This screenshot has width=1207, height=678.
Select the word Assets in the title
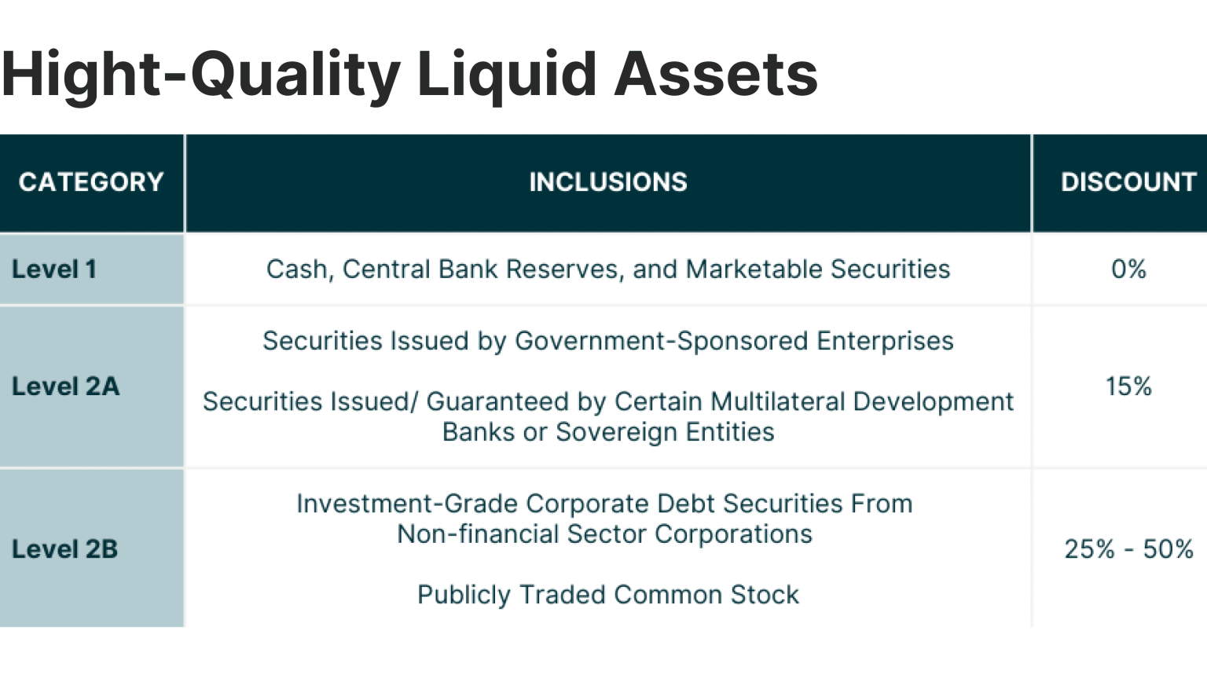click(716, 75)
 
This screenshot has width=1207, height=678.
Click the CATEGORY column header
click(91, 182)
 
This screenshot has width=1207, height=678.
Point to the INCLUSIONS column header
click(608, 182)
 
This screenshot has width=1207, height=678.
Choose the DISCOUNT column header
click(1128, 182)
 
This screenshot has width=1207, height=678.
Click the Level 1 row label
click(54, 269)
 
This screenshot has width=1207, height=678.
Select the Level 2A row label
click(66, 387)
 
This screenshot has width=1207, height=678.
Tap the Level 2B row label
click(65, 549)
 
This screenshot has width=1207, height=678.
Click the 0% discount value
click(1128, 269)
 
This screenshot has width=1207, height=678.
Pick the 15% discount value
click(1128, 387)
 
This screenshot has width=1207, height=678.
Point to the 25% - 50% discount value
click(1128, 549)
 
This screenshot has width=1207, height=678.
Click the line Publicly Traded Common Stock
click(608, 595)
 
